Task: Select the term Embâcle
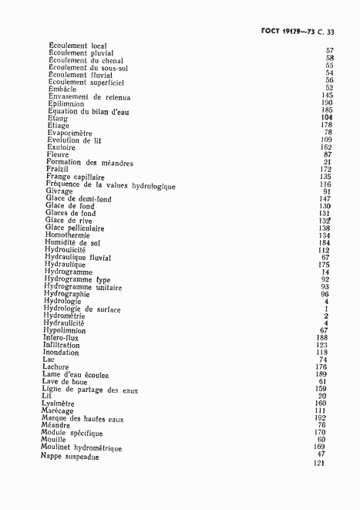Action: [x=62, y=88]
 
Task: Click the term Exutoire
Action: [x=62, y=147]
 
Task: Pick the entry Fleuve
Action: [x=58, y=154]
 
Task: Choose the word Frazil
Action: [x=57, y=169]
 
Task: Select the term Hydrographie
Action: [x=67, y=294]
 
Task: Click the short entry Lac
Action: [x=49, y=360]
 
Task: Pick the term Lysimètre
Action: [x=62, y=404]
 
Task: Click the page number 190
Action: [x=327, y=103]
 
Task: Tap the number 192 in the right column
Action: [x=321, y=418]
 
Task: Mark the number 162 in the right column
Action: [x=326, y=147]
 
